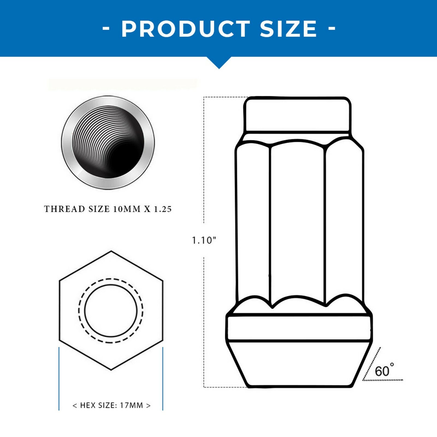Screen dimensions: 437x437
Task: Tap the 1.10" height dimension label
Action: tap(204, 240)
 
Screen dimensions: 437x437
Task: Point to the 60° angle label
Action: tap(384, 371)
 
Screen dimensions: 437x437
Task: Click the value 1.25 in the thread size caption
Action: tap(163, 209)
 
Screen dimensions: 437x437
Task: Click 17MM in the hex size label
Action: tap(131, 405)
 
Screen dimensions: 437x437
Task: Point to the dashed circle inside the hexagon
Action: tap(79, 311)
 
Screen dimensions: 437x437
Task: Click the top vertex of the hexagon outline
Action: tap(111, 251)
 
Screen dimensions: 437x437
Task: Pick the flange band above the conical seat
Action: tap(299, 328)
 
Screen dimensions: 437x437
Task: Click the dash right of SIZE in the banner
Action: tap(332, 28)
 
